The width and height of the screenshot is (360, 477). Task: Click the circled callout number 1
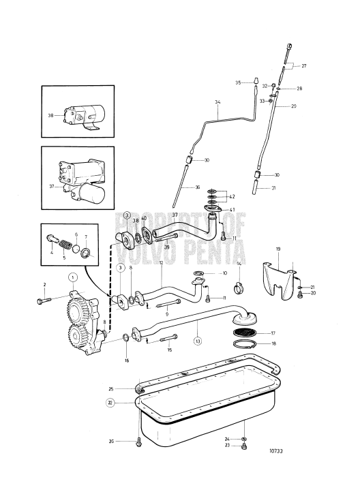pyautogui.click(x=72, y=277)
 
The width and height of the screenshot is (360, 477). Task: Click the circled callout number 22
pyautogui.click(x=110, y=402)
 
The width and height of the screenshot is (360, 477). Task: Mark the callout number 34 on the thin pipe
pyautogui.click(x=216, y=104)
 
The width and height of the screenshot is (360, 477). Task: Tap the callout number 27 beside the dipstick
pyautogui.click(x=304, y=66)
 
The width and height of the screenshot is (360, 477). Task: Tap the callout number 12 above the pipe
pyautogui.click(x=161, y=263)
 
